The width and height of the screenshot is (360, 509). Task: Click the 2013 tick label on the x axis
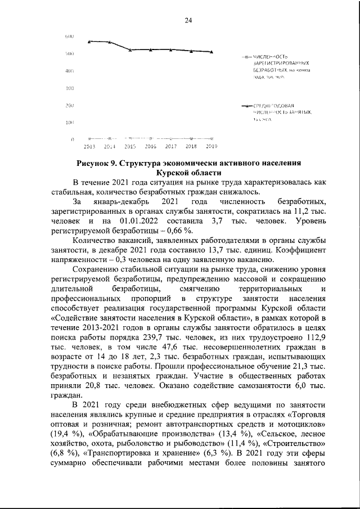[89, 146]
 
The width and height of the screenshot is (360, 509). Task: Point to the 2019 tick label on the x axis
[211, 146]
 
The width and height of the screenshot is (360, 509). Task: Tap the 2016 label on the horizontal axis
[151, 146]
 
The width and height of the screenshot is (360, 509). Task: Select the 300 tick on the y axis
[70, 88]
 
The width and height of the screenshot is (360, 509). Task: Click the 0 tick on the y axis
[73, 139]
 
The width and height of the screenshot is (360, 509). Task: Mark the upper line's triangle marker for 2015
[130, 50]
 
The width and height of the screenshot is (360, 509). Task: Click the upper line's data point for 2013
[89, 41]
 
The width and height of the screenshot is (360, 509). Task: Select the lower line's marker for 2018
[191, 138]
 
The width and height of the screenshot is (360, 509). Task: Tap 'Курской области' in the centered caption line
[188, 173]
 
